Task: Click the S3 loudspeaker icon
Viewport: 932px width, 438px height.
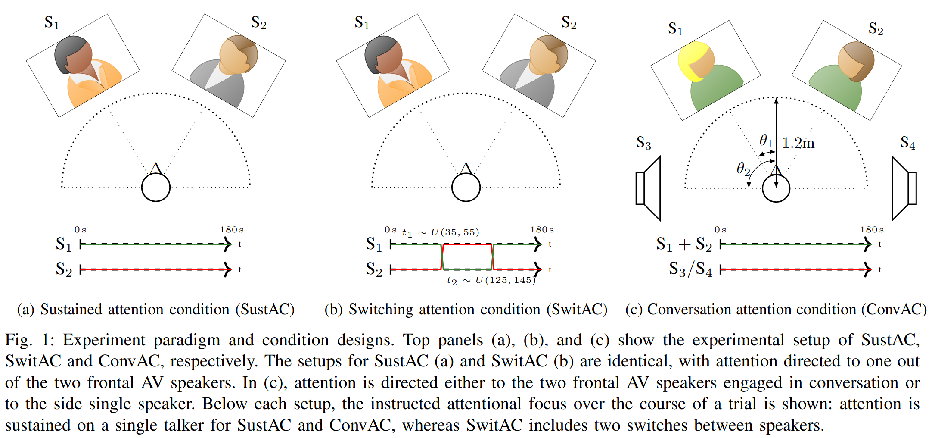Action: tap(648, 188)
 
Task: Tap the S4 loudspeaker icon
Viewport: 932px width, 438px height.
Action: tap(904, 188)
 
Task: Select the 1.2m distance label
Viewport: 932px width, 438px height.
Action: tap(798, 143)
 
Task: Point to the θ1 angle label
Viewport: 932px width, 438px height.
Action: tap(766, 141)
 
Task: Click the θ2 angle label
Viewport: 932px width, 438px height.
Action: tap(743, 169)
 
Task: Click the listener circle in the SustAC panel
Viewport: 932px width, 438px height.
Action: tap(156, 188)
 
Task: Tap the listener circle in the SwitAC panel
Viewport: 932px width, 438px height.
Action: tap(466, 188)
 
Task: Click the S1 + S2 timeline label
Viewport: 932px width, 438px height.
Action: tap(684, 244)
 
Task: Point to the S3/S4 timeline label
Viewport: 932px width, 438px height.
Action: tap(690, 269)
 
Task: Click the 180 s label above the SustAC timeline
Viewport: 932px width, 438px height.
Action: tap(232, 230)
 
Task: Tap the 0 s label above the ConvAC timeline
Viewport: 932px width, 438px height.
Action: tap(720, 230)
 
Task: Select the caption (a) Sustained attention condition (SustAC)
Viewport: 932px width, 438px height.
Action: tap(156, 310)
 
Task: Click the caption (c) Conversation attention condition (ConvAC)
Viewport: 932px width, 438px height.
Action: tap(776, 310)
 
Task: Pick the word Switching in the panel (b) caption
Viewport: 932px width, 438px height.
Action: tap(381, 310)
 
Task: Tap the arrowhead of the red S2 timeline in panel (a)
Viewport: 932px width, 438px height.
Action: tap(228, 269)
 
